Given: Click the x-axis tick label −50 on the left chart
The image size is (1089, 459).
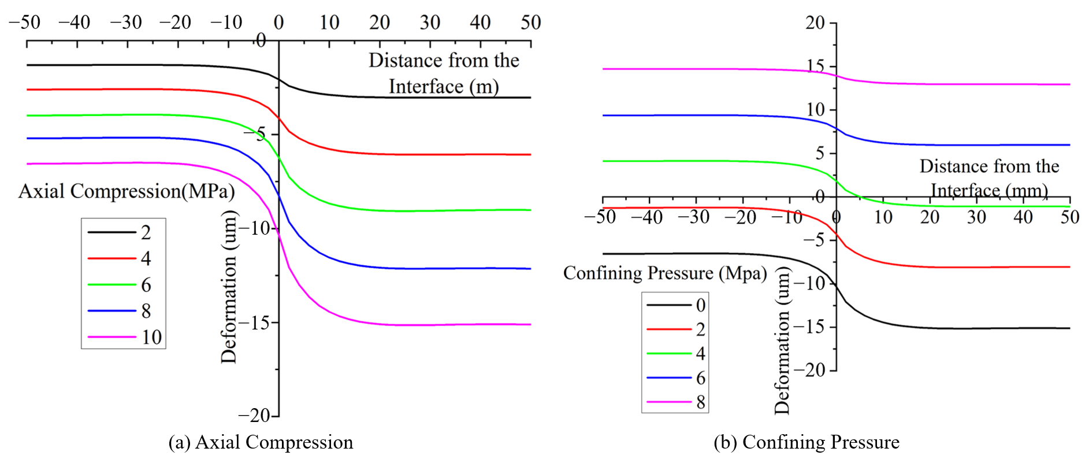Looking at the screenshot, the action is (25, 23).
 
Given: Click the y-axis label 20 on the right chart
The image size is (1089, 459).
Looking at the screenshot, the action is (815, 23).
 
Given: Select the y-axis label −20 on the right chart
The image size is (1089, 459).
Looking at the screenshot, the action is (810, 370).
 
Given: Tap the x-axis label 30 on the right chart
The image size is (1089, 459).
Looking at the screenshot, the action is (976, 217).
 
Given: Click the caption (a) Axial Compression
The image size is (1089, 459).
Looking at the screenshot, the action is (261, 442).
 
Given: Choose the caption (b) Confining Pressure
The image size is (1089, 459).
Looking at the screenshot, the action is (806, 442).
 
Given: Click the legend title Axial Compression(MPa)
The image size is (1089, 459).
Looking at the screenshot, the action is (127, 191).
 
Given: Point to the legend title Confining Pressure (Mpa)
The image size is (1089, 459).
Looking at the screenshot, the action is (665, 273).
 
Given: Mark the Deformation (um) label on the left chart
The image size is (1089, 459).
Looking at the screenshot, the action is (229, 287).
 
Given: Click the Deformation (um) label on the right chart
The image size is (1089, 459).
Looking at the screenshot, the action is (782, 341).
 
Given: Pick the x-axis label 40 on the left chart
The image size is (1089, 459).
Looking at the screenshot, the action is (480, 23).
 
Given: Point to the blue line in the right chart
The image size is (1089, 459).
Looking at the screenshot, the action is (836, 127).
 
